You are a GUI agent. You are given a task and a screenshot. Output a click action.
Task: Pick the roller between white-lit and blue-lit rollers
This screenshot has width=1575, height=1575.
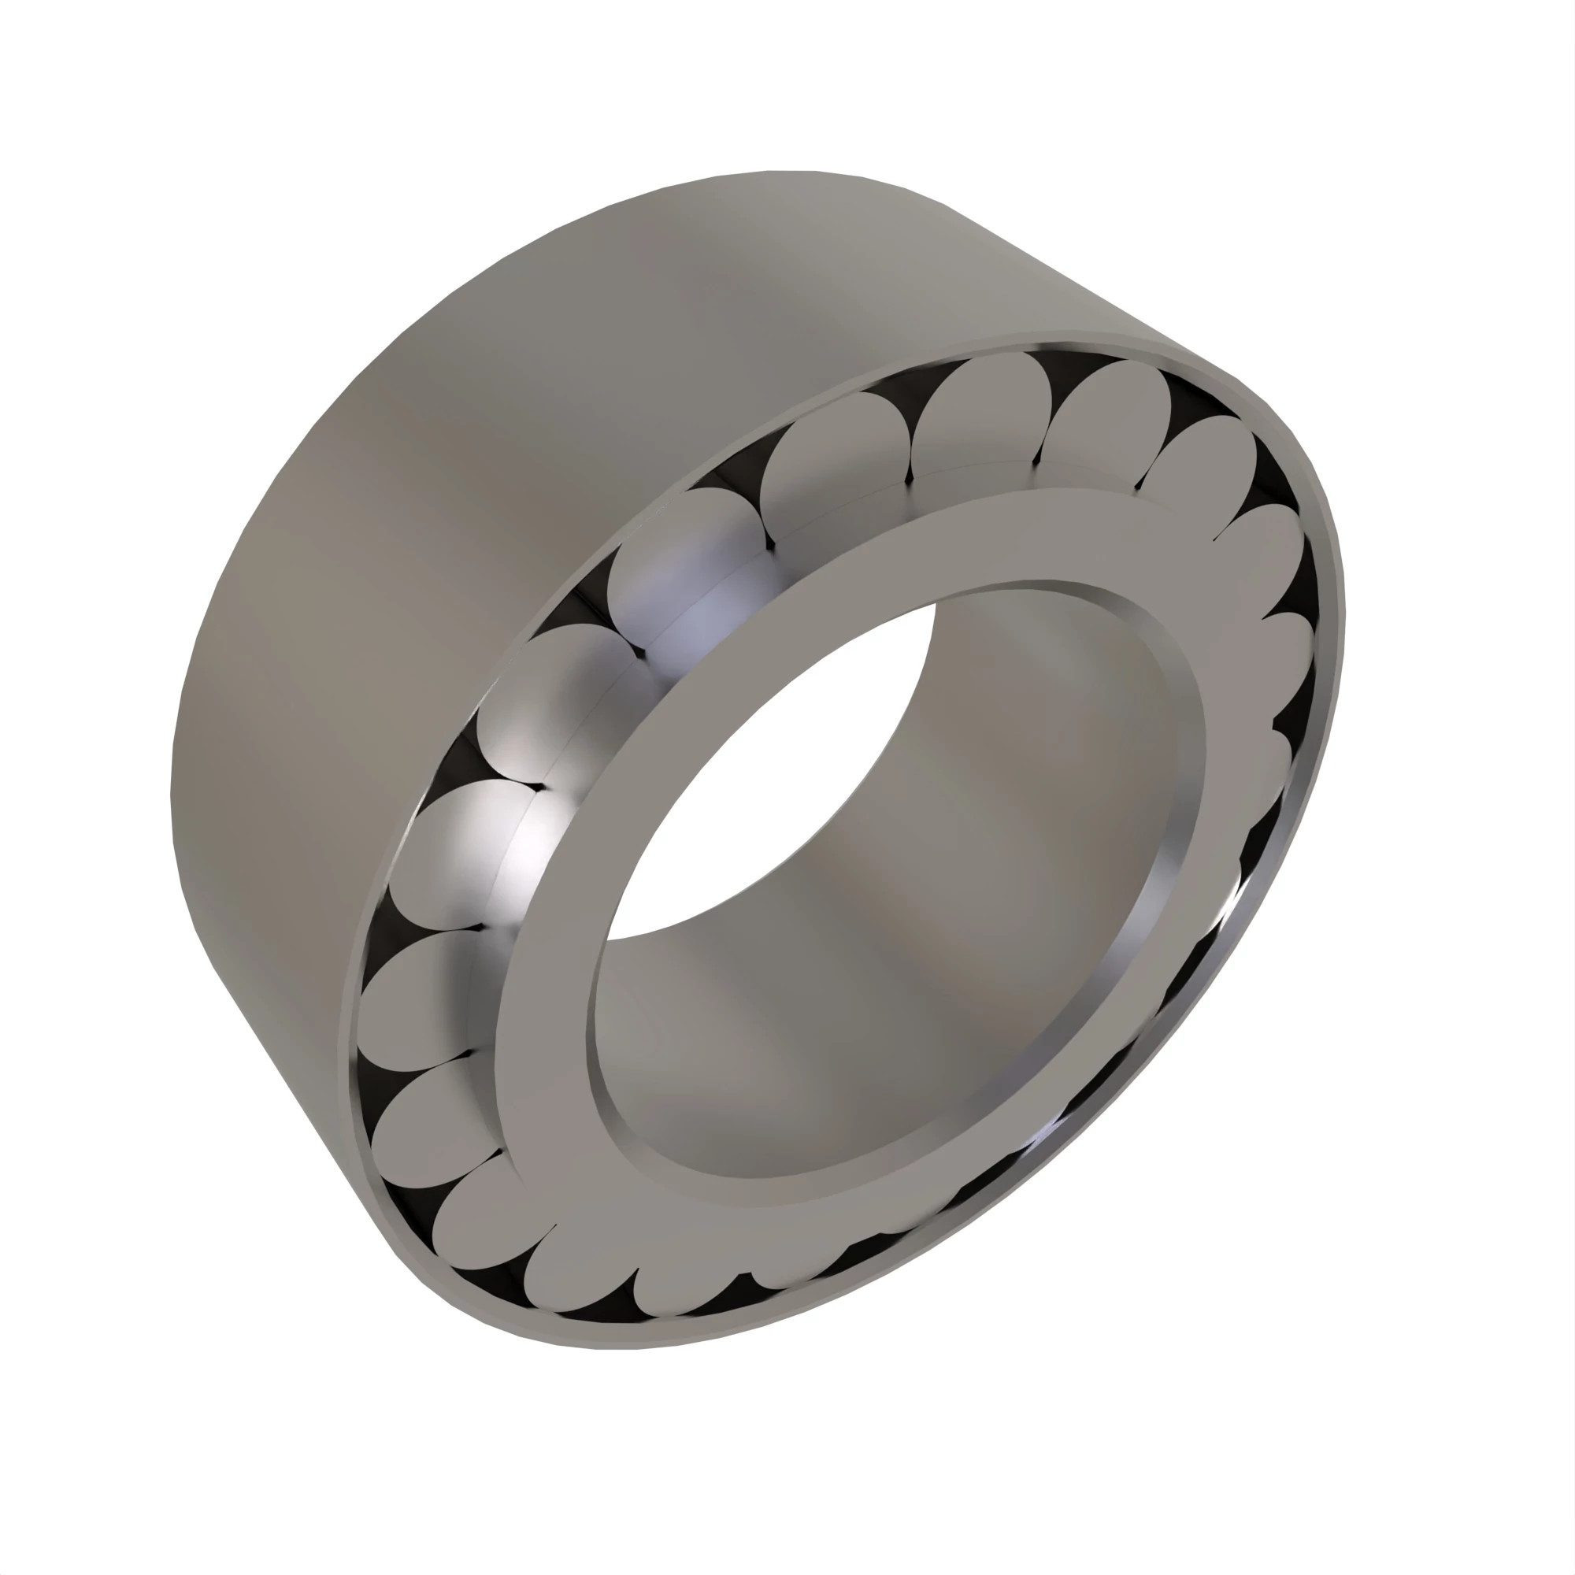tap(547, 701)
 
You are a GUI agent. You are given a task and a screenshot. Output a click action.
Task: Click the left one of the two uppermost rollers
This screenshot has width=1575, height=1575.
tap(978, 416)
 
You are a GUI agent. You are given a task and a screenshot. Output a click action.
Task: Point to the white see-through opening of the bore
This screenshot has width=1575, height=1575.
tap(774, 774)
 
